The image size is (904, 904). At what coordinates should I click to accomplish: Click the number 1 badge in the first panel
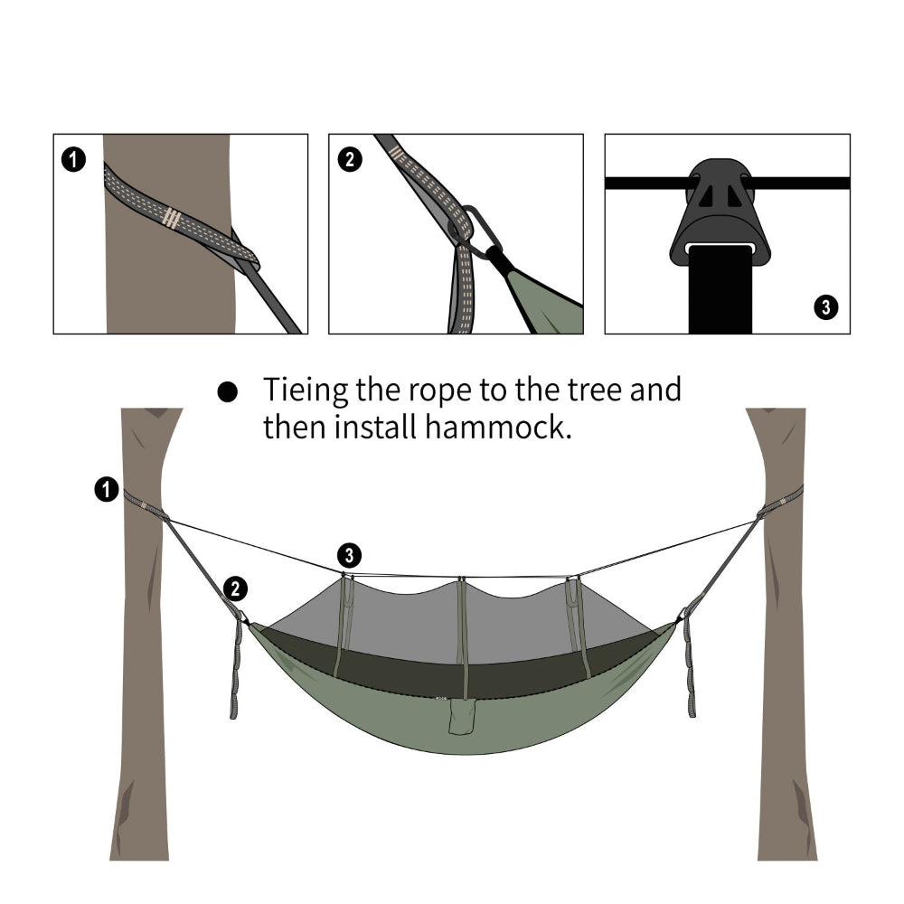pyautogui.click(x=74, y=160)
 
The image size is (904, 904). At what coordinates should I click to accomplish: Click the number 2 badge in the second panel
pyautogui.click(x=349, y=160)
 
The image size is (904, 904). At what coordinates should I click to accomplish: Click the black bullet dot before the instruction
pyautogui.click(x=228, y=392)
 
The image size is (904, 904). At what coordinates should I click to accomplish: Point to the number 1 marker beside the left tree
pyautogui.click(x=106, y=490)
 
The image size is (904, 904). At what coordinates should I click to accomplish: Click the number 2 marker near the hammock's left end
pyautogui.click(x=234, y=589)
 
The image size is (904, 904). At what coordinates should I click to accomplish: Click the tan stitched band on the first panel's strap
pyautogui.click(x=170, y=217)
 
